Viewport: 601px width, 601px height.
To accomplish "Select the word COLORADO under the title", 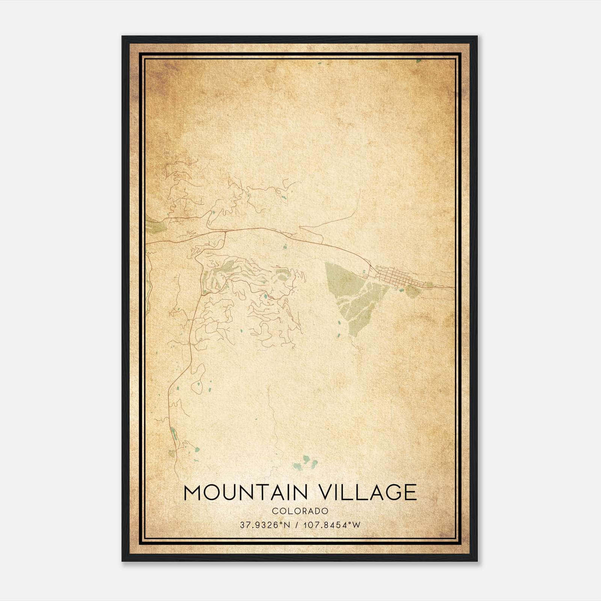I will [300, 511].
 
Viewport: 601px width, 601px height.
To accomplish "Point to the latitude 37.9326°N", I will [265, 525].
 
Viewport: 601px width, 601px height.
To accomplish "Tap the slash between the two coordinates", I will [297, 525].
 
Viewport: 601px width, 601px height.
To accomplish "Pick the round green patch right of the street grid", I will [414, 291].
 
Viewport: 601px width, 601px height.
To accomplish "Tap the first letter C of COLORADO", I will [275, 511].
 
